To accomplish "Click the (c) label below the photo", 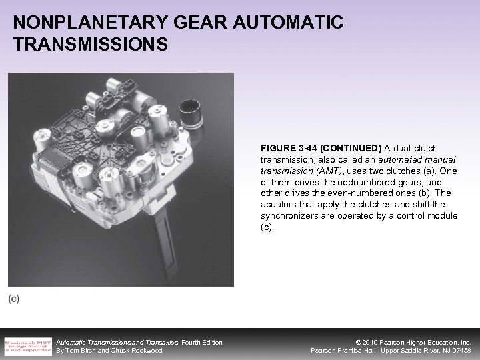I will click(x=14, y=299).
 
